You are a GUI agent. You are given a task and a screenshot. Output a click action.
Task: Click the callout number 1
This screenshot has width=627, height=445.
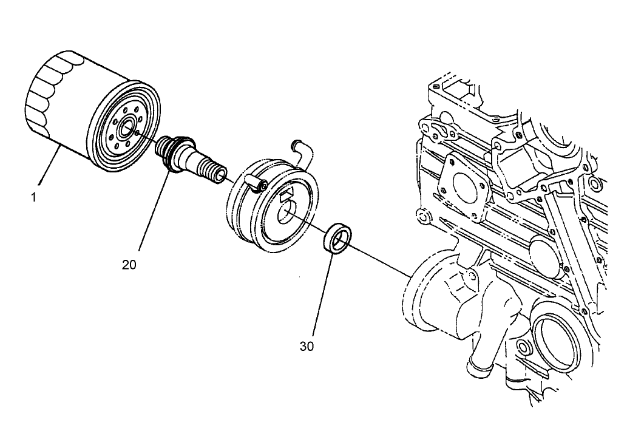(x=34, y=197)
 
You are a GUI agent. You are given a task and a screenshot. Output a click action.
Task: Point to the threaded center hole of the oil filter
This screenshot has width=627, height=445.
(x=127, y=129)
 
